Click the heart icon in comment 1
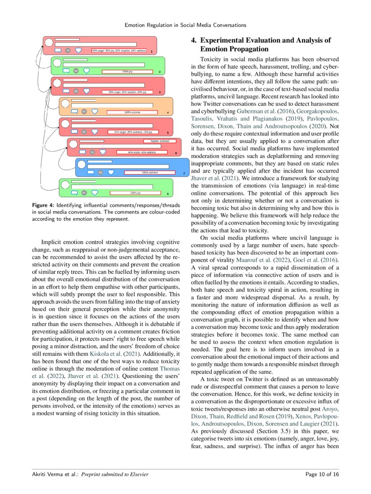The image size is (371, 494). (x=79, y=51)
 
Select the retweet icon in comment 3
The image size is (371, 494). (x=76, y=91)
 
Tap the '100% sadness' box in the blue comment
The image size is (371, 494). (x=149, y=172)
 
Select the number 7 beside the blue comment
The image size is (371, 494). (x=184, y=173)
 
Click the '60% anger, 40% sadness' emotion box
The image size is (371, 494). (x=142, y=152)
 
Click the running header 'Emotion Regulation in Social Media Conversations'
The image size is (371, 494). (x=185, y=25)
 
